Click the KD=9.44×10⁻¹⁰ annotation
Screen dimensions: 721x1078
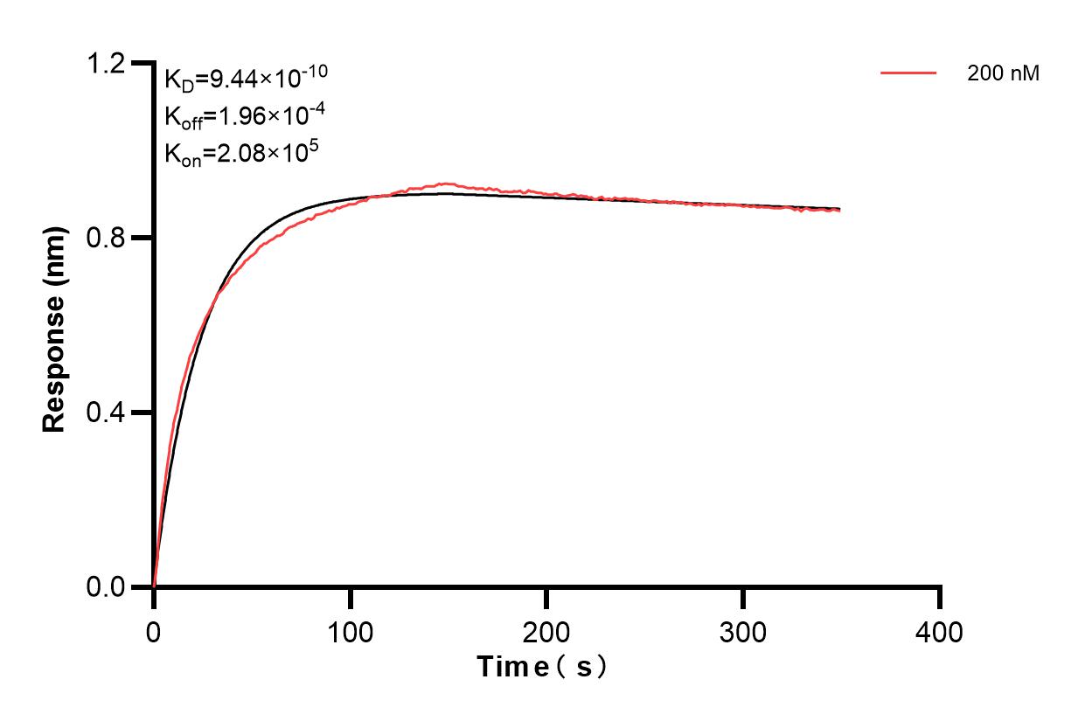pos(246,80)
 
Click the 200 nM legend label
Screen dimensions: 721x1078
pos(1003,74)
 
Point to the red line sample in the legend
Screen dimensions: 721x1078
pos(908,74)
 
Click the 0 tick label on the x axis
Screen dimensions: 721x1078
pos(154,631)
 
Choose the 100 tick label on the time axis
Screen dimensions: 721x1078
pos(350,631)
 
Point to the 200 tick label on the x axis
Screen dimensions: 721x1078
pos(546,631)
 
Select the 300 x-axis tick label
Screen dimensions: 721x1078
pos(743,631)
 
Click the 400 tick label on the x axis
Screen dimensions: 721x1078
pos(939,631)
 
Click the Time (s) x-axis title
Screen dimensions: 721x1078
pos(542,667)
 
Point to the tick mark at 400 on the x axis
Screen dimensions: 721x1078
pos(940,598)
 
